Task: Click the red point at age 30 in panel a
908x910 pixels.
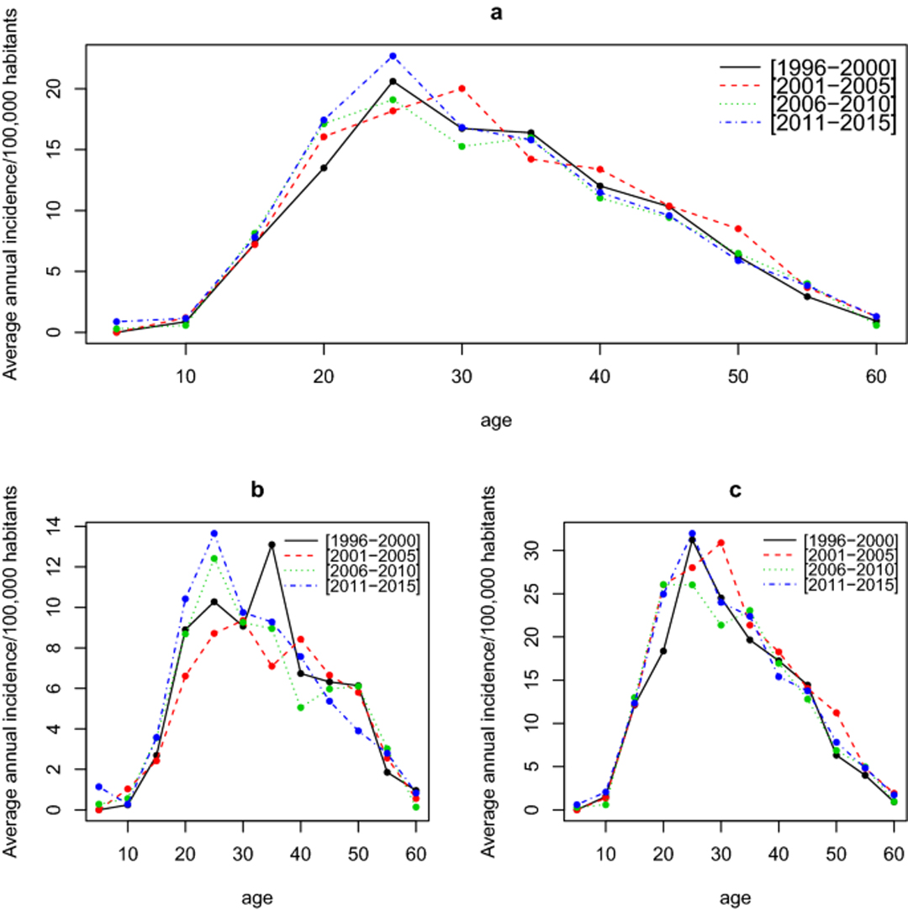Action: [x=462, y=88]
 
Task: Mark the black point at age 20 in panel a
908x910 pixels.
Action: [x=324, y=168]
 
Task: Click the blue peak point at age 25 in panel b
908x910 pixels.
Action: [x=214, y=534]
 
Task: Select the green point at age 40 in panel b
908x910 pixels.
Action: [x=300, y=707]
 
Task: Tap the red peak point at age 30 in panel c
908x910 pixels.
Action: [x=721, y=543]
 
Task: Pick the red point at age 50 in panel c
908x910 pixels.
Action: [x=836, y=713]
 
